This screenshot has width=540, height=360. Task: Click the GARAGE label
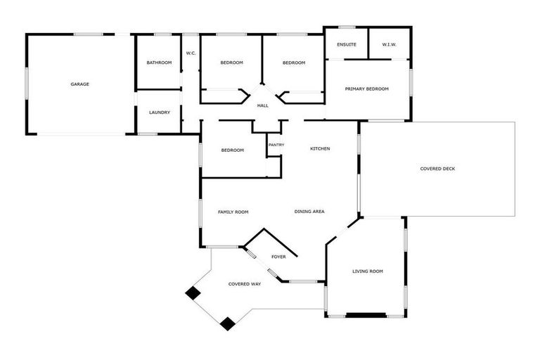79,84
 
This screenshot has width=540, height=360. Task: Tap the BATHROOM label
159,63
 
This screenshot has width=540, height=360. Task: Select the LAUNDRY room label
159,112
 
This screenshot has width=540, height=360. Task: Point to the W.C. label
191,53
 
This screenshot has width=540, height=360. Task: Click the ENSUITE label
347,45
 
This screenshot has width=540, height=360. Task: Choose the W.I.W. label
390,45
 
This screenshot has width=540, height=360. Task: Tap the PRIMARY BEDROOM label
366,89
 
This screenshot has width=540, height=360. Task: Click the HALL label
262,105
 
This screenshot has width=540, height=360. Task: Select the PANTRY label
276,145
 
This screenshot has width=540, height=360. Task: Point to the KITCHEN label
320,148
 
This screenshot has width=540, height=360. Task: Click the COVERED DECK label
437,169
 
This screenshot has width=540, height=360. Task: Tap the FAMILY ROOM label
233,212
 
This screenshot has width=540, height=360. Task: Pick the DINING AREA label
309,212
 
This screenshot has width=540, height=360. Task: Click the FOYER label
278,257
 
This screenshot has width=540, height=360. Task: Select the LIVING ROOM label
367,271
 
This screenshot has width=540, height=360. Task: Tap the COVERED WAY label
245,284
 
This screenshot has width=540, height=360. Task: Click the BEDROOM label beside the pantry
232,150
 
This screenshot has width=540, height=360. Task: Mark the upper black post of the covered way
192,293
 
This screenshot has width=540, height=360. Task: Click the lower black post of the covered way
227,323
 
